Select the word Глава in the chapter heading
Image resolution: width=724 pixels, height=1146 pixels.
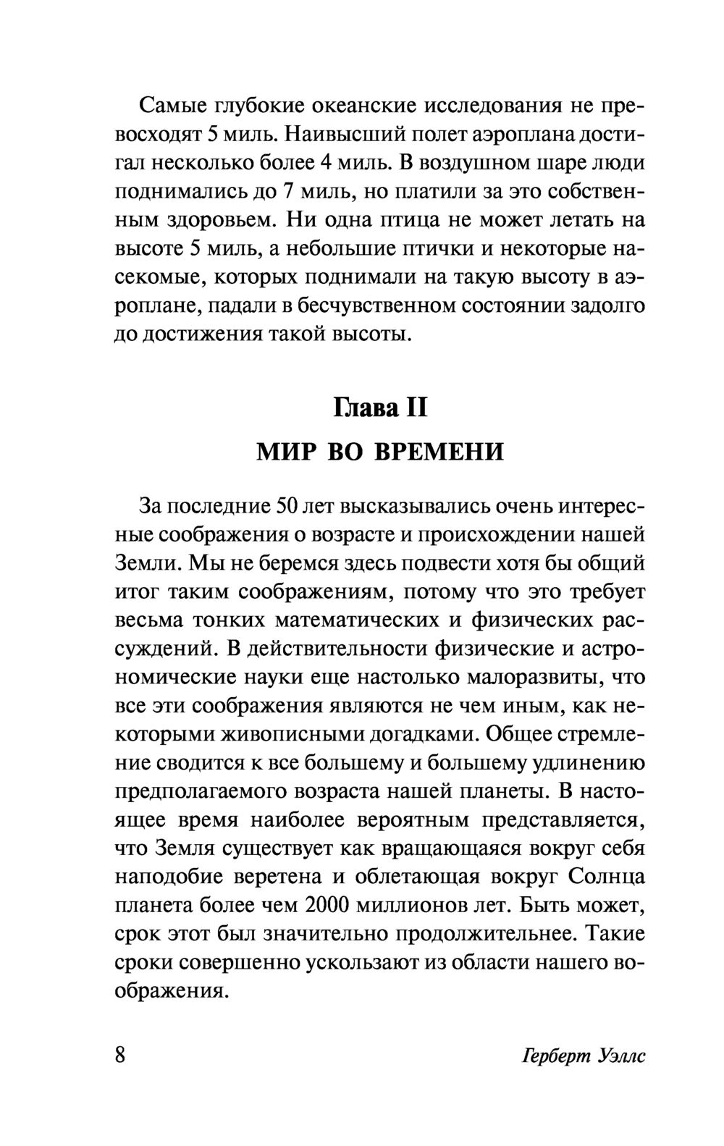pyautogui.click(x=363, y=408)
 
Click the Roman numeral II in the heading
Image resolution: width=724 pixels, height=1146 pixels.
pyautogui.click(x=418, y=408)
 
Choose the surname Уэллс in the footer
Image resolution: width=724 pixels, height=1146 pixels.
pyautogui.click(x=617, y=1056)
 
